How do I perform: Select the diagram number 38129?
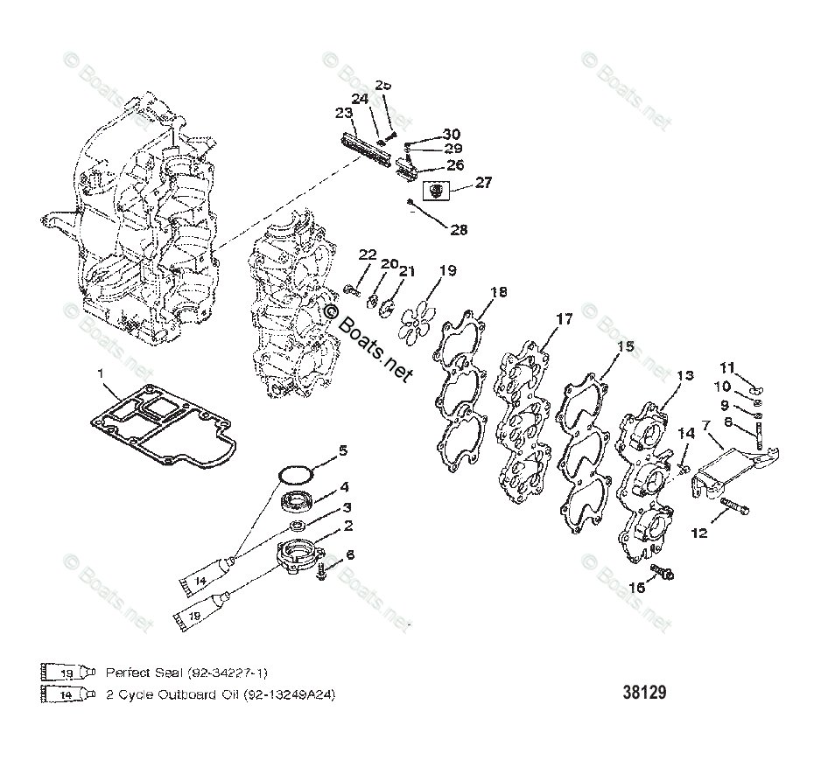644,693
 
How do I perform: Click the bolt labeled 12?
733,506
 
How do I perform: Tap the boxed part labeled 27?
438,189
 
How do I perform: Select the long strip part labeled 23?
360,142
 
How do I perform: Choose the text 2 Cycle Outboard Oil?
165,694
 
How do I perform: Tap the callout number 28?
459,230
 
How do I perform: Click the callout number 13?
684,375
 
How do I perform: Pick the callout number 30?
451,134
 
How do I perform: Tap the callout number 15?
624,347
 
